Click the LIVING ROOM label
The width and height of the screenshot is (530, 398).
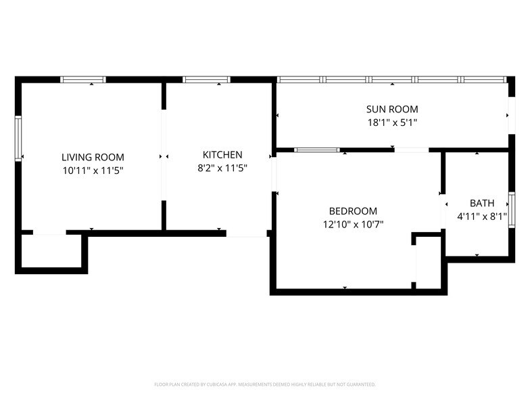(x=93, y=157)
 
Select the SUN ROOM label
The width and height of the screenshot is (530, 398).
(x=392, y=109)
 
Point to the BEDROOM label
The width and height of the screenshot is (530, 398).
(x=353, y=211)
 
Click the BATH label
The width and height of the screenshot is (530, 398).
(x=482, y=203)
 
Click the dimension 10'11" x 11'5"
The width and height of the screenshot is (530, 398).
(x=93, y=171)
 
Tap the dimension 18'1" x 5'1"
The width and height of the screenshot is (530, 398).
(x=392, y=123)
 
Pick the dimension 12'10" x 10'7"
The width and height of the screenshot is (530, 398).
(x=353, y=225)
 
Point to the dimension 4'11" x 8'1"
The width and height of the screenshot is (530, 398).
(x=482, y=217)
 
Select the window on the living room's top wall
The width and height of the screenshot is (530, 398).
(x=83, y=79)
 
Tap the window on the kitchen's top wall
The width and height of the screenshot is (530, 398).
(x=206, y=79)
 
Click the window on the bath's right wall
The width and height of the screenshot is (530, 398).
(x=512, y=208)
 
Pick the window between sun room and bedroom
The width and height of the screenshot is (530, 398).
(x=316, y=150)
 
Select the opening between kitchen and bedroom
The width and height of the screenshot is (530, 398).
(x=274, y=175)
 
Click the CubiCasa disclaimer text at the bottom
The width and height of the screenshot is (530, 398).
(x=265, y=384)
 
